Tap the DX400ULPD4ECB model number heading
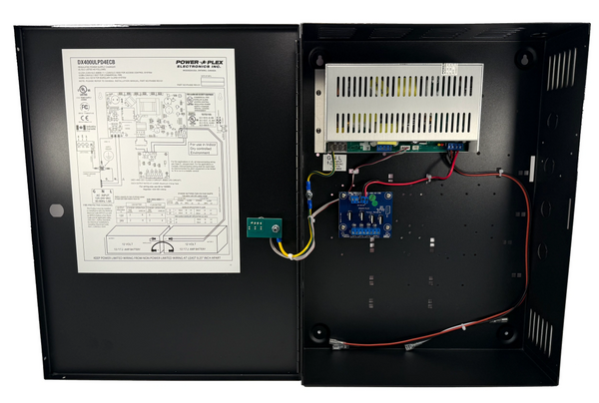102,60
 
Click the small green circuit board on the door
263,228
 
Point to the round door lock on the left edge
56,210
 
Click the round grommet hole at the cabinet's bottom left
320,332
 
